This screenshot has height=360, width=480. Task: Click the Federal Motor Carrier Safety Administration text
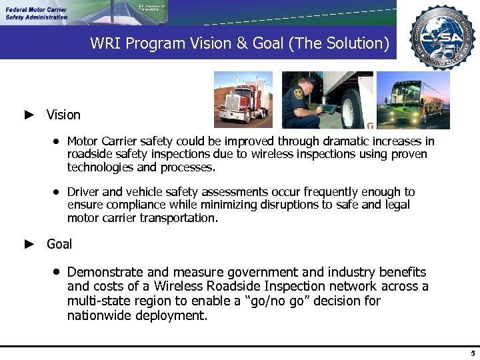tap(37, 13)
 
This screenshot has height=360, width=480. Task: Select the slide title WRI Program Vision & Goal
tap(239, 43)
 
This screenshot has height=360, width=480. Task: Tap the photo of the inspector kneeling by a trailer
tap(327, 99)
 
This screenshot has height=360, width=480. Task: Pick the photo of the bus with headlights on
tap(413, 99)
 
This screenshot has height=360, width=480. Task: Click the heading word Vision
tap(63, 115)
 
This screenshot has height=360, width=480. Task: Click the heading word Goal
tap(59, 244)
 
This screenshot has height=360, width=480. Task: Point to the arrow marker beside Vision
tap(29, 115)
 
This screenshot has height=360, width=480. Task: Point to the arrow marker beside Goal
tap(29, 244)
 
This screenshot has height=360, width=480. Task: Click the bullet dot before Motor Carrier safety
tap(58, 141)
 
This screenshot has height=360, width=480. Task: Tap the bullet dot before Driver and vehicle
tap(58, 192)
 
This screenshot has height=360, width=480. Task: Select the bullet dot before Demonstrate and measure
tap(58, 272)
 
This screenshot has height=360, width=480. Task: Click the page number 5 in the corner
tap(472, 353)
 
